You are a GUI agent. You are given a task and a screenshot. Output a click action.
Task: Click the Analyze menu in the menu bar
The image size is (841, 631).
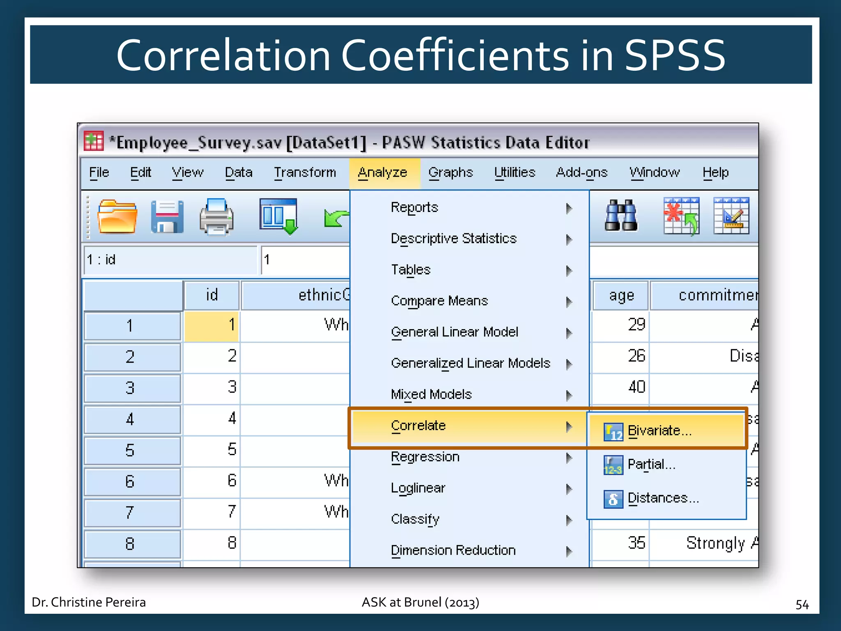click(x=382, y=173)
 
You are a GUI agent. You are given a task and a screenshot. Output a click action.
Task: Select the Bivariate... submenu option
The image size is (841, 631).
click(x=659, y=431)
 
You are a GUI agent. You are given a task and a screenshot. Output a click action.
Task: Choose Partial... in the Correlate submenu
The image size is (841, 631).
click(x=651, y=465)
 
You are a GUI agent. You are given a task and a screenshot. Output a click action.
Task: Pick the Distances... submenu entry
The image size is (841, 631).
click(x=663, y=498)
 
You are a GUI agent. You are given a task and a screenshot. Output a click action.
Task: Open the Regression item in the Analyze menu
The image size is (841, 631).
click(x=425, y=457)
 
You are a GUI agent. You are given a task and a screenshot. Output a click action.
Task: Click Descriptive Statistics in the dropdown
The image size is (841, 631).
click(x=453, y=239)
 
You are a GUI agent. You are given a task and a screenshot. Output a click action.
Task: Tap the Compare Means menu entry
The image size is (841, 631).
click(x=439, y=301)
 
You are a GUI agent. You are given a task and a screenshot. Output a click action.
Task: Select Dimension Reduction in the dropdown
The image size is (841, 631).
click(x=453, y=550)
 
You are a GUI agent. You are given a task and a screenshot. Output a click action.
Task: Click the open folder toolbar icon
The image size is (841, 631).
click(x=117, y=216)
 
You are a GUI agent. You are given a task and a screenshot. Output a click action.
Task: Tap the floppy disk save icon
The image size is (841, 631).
click(x=167, y=216)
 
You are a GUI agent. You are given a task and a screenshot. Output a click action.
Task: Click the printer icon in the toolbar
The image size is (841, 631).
click(x=216, y=216)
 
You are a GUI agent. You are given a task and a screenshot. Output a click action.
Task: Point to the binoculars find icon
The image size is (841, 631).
click(x=621, y=216)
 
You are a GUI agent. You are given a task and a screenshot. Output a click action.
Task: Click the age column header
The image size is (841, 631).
click(x=621, y=295)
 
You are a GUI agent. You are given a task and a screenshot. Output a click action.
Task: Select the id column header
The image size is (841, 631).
click(x=211, y=295)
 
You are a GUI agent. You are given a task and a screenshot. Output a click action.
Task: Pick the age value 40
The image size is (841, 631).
click(x=636, y=387)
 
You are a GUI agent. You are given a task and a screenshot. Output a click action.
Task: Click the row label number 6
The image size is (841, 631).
click(x=130, y=481)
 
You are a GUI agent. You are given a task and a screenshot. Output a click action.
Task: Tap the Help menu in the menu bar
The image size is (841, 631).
click(x=715, y=173)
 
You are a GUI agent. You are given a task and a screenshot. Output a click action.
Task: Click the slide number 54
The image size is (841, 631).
click(x=802, y=604)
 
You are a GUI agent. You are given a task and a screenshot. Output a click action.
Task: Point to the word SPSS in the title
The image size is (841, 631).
click(x=675, y=55)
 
